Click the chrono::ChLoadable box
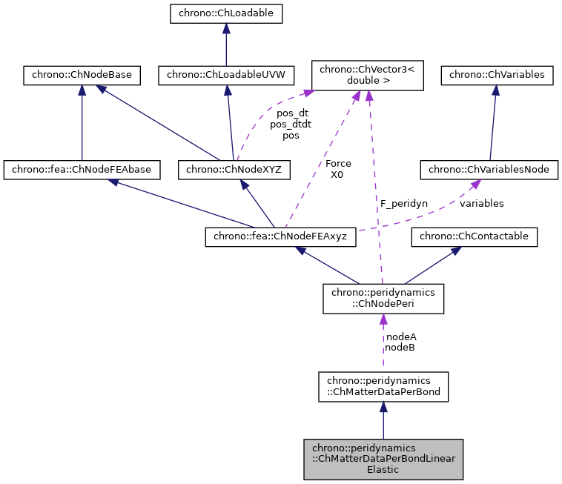click(226, 13)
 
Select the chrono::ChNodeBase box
click(81, 74)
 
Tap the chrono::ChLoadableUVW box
click(226, 74)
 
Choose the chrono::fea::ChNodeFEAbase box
click(82, 170)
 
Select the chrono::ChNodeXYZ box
click(234, 170)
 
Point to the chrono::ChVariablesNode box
click(489, 170)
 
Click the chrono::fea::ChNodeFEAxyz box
click(280, 237)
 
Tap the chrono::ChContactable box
click(475, 237)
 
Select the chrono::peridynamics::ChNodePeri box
click(383, 299)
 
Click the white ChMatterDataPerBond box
click(383, 387)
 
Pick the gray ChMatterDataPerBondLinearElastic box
click(383, 458)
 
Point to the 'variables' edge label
click(481, 202)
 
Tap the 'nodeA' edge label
click(400, 337)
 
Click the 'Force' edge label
click(338, 163)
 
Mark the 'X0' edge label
click(338, 174)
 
